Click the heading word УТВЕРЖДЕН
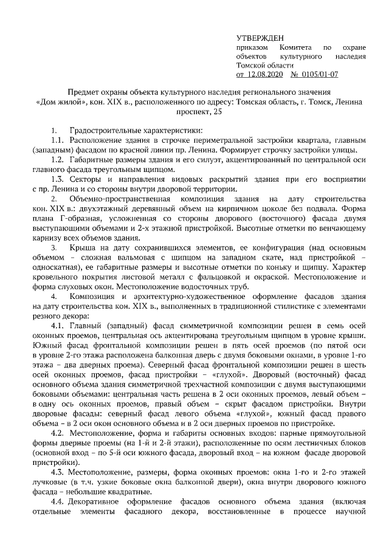pos(259,38)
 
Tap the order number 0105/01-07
pos(320,75)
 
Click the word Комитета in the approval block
pos(295,47)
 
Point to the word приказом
pos(252,47)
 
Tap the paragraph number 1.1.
pos(58,141)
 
